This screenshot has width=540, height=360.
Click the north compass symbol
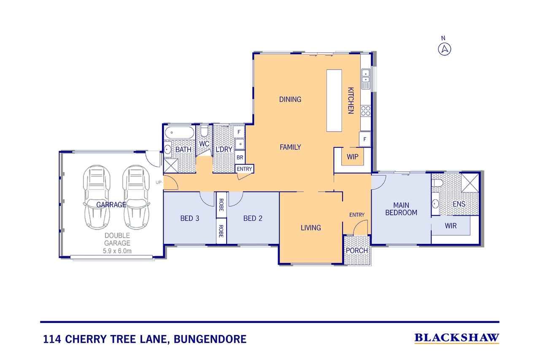tap(444, 49)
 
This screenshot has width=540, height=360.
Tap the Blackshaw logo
tap(457, 338)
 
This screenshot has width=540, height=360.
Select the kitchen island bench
tap(334, 100)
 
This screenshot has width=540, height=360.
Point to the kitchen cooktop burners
tap(366, 111)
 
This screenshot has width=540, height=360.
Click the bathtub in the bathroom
tap(179, 133)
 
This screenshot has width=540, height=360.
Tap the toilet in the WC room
tap(204, 130)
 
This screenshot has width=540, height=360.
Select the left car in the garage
tap(97, 197)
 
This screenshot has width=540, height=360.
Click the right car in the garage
tap(136, 197)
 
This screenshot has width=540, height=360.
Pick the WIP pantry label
tap(352, 157)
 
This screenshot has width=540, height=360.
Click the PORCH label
tap(357, 251)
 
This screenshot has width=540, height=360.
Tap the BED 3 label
tap(190, 218)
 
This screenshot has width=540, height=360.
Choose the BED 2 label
tap(253, 218)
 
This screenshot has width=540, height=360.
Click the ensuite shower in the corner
tap(470, 183)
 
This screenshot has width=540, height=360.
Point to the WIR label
tap(451, 226)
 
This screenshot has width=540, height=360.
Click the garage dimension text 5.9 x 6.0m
tap(117, 251)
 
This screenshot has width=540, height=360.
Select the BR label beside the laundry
tap(240, 157)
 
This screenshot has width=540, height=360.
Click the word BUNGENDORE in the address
tap(210, 339)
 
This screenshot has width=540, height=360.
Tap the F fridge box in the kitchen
tap(364, 139)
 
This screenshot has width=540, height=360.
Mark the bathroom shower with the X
tap(171, 165)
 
